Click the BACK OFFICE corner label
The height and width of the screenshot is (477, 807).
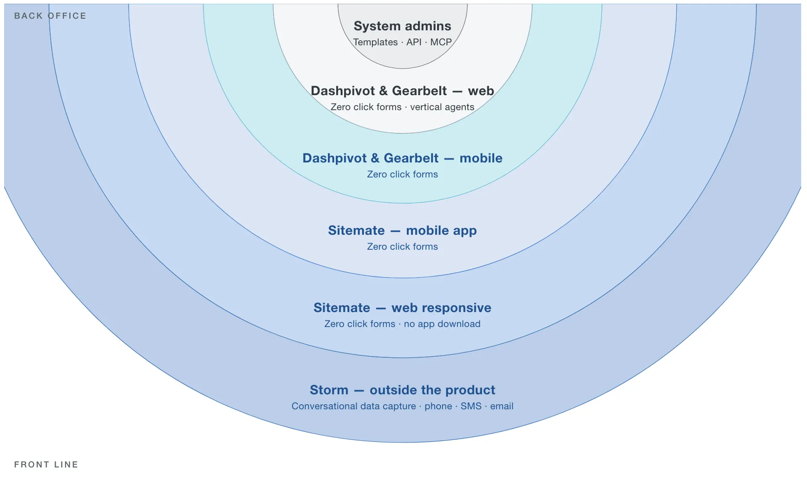pos(50,16)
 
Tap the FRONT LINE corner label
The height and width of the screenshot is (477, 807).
pos(46,464)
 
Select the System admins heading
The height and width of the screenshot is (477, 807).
pos(402,26)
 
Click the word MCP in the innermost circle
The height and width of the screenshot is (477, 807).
pos(441,42)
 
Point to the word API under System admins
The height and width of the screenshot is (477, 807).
pos(414,42)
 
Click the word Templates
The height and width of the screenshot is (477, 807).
pos(375,42)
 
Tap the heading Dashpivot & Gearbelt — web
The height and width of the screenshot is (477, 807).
pos(402,91)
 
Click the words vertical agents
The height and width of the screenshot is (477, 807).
pos(442,107)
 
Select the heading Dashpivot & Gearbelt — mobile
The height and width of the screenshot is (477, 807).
pos(402,158)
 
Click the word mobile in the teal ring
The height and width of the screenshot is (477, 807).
pos(481,158)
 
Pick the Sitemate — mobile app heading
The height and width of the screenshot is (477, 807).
pos(402,231)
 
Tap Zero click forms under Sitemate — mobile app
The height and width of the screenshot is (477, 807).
pos(402,246)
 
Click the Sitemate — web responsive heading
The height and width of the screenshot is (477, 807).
pos(402,308)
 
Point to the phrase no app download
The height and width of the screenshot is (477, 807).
pos(442,324)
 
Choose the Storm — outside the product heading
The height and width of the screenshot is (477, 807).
pos(402,390)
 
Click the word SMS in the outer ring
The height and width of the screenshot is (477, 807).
pos(471,406)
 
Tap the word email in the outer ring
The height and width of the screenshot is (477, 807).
pos(502,406)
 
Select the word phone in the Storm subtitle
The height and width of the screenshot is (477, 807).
pos(438,406)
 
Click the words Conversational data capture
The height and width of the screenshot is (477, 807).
pos(353,406)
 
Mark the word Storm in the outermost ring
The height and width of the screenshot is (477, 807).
pos(329,390)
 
